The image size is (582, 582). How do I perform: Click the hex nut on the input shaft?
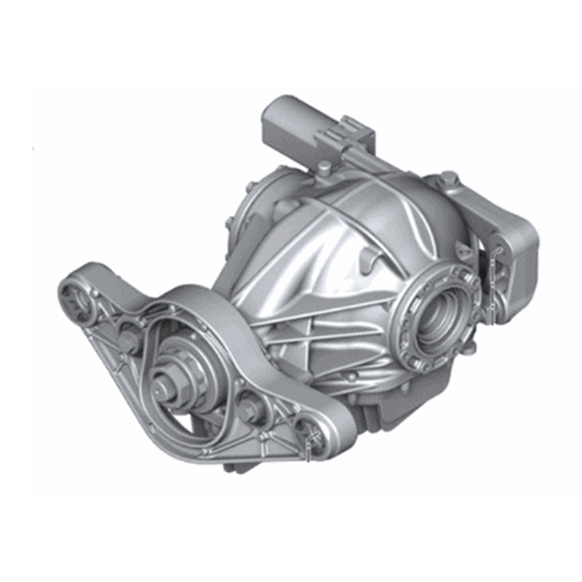[x=164, y=386]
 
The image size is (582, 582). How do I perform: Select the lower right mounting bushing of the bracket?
[x=314, y=439]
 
